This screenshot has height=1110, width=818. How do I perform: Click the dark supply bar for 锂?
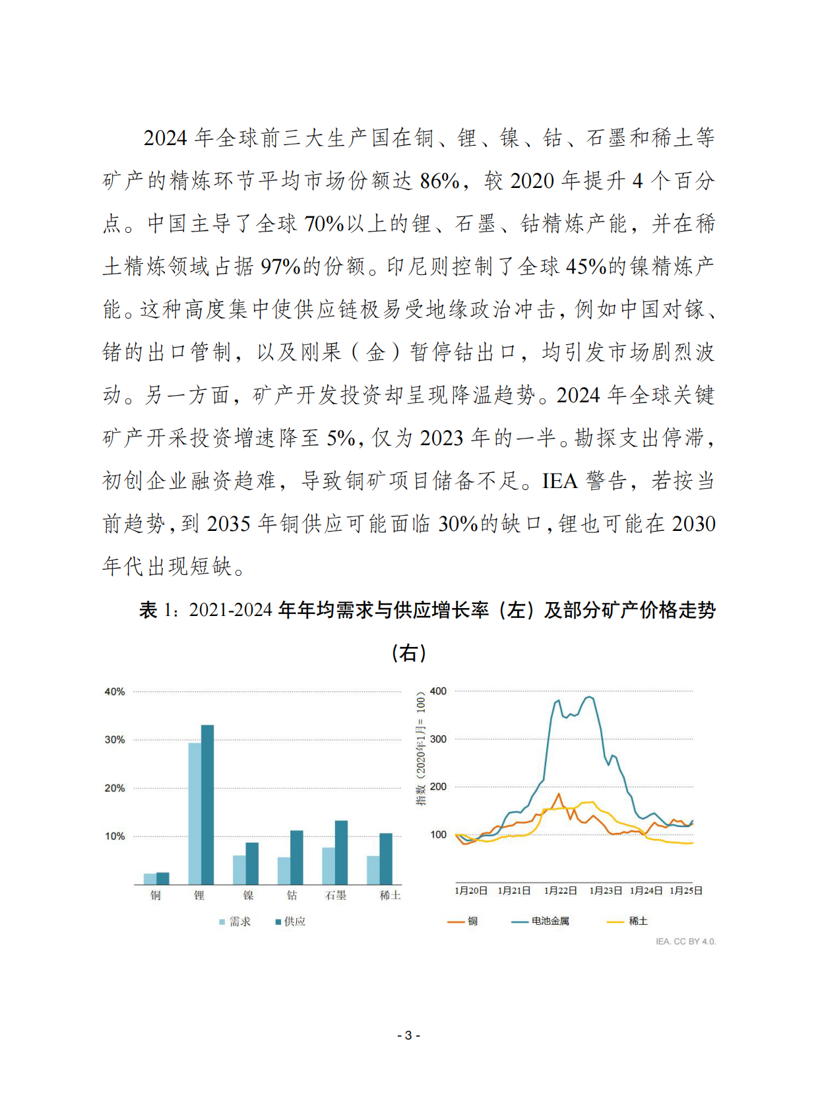click(x=207, y=805)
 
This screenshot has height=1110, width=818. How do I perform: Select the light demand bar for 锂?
click(x=195, y=814)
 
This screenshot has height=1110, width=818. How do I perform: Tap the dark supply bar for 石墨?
click(x=341, y=852)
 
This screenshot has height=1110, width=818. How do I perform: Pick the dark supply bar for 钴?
click(x=297, y=857)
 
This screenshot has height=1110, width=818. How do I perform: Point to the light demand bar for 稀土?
click(x=373, y=870)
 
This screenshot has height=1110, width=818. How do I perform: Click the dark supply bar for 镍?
click(x=252, y=863)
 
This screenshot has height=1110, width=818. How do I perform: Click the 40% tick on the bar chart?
click(x=115, y=692)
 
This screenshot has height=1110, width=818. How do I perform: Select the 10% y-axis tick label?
click(x=115, y=836)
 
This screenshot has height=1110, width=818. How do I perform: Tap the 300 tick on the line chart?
click(x=438, y=739)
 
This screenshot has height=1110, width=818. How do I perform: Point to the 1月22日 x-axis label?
click(x=560, y=891)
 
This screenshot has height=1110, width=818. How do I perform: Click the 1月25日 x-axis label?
click(x=686, y=891)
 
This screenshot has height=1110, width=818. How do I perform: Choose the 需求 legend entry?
click(x=236, y=922)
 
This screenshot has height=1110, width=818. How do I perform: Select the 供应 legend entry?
click(x=291, y=922)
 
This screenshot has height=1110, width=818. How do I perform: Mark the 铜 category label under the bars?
click(x=156, y=896)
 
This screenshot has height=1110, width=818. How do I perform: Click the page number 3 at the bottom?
click(x=408, y=1035)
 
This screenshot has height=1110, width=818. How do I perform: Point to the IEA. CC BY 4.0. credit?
click(x=685, y=942)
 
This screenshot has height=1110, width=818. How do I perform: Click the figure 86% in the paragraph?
click(x=439, y=181)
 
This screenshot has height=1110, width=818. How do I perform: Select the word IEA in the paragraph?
click(x=559, y=481)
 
